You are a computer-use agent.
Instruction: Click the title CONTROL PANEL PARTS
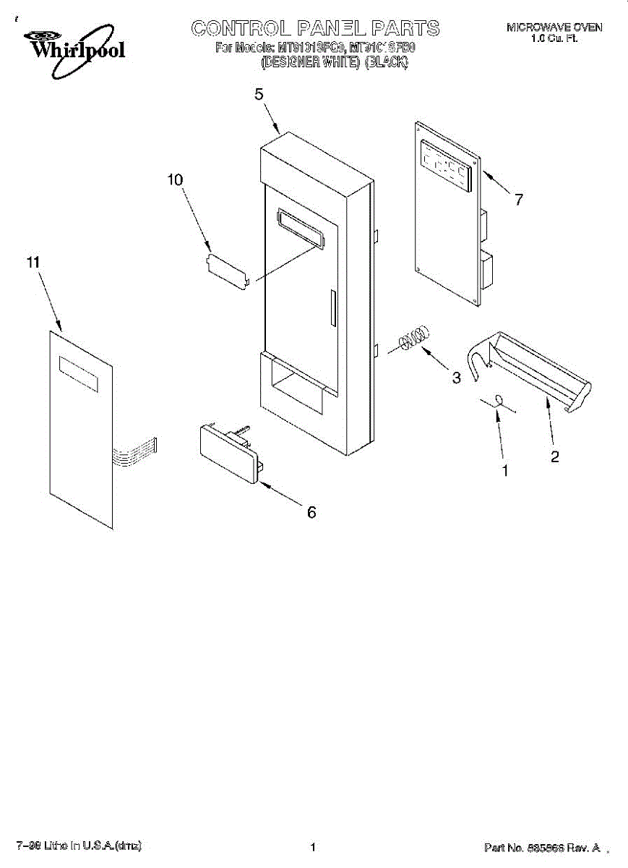pos(315,28)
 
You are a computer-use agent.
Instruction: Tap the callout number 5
pos(259,95)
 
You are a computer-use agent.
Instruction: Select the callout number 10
pos(176,180)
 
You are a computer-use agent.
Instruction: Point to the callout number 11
pos(33,263)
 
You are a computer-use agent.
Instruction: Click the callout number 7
pos(518,200)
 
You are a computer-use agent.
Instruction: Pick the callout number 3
pos(456,377)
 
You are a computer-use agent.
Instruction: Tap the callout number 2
pos(554,456)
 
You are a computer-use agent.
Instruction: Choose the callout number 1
pos(505,470)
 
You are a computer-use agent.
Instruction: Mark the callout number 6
pos(311,512)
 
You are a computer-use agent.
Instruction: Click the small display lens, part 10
pos(228,271)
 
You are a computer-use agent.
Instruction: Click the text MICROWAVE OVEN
pos(554,27)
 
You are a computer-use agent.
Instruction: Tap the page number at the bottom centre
pos(313,847)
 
